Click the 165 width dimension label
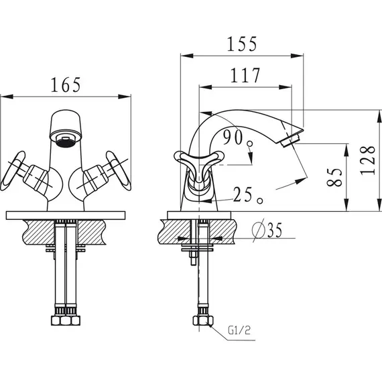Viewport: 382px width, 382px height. [66, 85]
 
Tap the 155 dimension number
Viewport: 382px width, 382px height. [242, 44]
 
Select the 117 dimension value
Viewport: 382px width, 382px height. [245, 75]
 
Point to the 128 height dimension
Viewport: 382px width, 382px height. [368, 161]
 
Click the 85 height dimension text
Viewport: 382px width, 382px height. [334, 177]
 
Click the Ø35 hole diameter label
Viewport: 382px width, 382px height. [267, 230]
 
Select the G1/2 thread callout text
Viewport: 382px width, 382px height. [239, 330]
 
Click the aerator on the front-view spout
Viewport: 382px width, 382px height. [66, 141]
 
